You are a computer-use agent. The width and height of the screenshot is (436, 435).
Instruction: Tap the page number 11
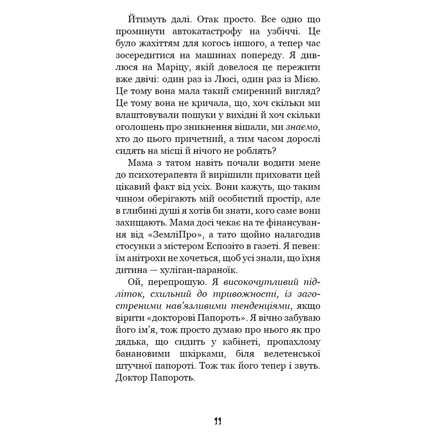pos(218,421)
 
